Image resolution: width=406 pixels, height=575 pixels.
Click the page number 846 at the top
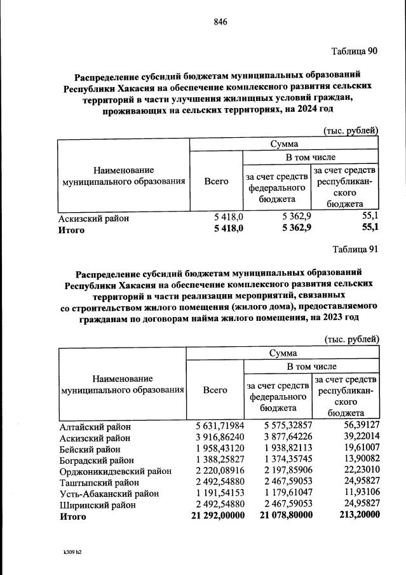220,22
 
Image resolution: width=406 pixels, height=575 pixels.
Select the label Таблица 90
355,51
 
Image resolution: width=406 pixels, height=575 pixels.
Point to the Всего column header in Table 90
217,181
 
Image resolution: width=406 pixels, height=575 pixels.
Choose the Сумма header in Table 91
283,353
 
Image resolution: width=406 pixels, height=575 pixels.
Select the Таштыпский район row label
95,482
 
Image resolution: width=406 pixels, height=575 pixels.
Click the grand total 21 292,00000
217,516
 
